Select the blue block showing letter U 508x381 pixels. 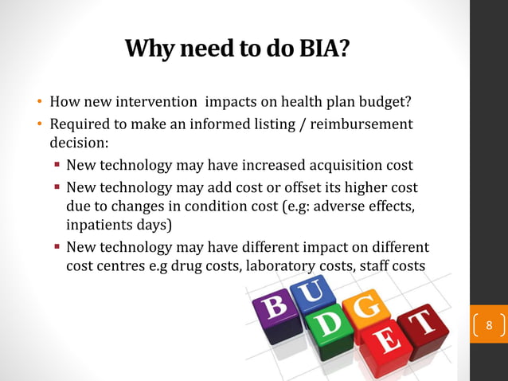(x=307, y=294)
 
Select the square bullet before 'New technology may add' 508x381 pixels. (x=57, y=187)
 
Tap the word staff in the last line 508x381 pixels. (x=371, y=266)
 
